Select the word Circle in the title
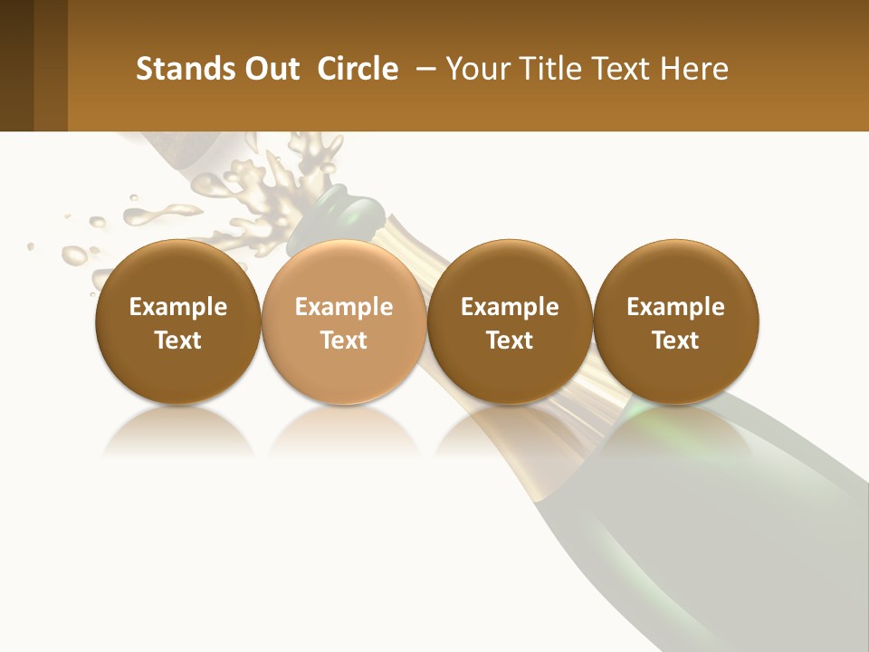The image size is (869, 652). [x=358, y=69]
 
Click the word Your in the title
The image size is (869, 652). [x=476, y=69]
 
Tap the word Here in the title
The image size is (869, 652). [x=693, y=69]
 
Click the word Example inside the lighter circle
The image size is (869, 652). [x=344, y=307]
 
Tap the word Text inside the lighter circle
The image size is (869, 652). [x=344, y=340]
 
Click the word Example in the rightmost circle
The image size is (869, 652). [x=675, y=307]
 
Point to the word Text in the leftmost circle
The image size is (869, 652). [x=177, y=340]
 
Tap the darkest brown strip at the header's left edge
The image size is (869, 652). [x=16, y=65]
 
